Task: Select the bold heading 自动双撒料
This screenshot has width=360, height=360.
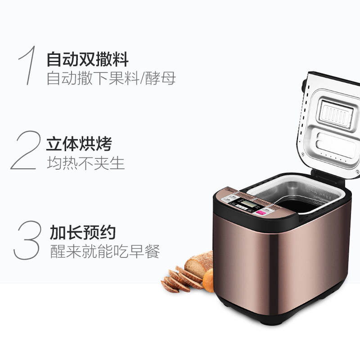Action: pos(87,59)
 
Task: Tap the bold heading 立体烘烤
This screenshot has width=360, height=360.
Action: pos(79,144)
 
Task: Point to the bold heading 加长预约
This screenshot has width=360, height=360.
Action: pos(83,233)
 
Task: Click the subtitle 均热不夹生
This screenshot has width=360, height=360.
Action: pos(85,163)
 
